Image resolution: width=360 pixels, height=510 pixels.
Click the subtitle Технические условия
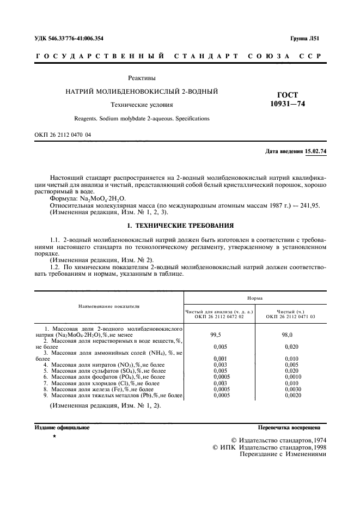141,105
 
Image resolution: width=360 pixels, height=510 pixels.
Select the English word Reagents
88,118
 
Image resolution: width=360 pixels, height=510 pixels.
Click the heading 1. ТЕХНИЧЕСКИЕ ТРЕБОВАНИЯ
180,224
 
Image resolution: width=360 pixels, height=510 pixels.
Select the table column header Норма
255,299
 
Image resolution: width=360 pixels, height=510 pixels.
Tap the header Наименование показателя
109,306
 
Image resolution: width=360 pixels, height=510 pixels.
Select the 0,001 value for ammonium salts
219,359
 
